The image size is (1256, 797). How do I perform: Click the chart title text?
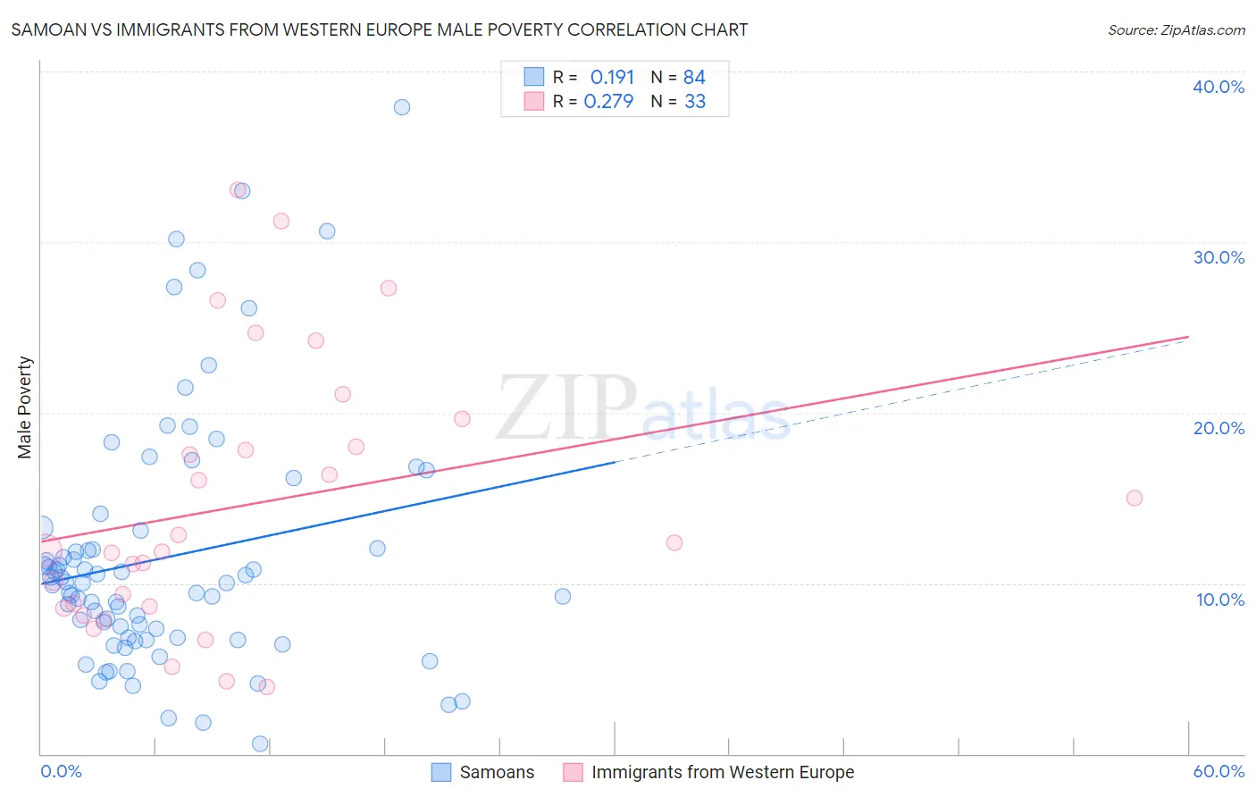tap(380, 29)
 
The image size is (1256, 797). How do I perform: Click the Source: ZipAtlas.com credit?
tap(1176, 29)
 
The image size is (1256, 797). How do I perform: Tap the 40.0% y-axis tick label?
tap(1218, 87)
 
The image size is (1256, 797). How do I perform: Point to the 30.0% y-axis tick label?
tap(1218, 257)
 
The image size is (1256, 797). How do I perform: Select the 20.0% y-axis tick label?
tap(1218, 428)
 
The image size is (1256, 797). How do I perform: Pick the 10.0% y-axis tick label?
tap(1220, 600)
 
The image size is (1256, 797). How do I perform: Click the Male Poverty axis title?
tap(25, 407)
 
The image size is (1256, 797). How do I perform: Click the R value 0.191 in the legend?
tap(612, 77)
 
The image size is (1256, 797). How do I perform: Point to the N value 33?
tap(695, 102)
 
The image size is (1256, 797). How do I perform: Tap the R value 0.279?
tap(608, 102)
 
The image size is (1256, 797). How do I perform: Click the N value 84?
tap(694, 77)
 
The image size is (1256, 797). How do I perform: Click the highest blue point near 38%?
tap(402, 107)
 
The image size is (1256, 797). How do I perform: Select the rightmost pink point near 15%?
tap(1135, 498)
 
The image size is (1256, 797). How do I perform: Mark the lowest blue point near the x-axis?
tap(260, 743)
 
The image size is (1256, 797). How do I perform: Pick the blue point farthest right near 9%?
tap(563, 596)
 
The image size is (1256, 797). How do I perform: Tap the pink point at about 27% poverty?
tap(389, 288)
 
